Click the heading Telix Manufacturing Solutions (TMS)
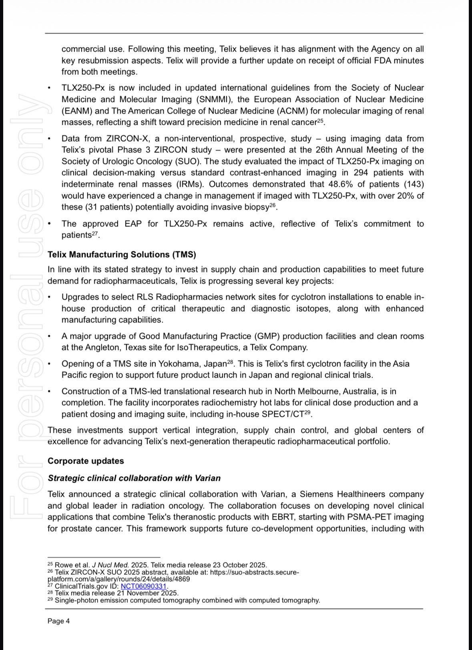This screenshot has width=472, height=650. (122, 254)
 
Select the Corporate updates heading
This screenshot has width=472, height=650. (86, 461)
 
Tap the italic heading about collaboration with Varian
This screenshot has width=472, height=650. (134, 478)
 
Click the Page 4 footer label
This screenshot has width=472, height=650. (58, 621)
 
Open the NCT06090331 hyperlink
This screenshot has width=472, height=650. (143, 586)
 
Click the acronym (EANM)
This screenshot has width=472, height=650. (76, 111)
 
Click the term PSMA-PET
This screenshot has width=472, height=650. (370, 517)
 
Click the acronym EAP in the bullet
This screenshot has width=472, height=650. (133, 224)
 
